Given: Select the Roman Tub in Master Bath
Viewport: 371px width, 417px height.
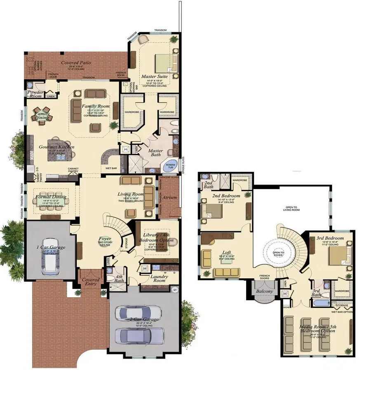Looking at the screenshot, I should coord(171,165).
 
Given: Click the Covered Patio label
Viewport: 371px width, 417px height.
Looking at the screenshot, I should coord(76,63).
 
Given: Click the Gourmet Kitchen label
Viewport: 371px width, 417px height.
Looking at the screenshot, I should coord(56,147).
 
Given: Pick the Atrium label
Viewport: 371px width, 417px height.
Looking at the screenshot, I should coord(169,197).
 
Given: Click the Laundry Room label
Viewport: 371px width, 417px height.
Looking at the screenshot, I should coord(157,278).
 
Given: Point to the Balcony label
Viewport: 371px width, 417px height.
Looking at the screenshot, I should coord(264,291).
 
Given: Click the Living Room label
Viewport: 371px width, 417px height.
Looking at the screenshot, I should coord(131,194).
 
